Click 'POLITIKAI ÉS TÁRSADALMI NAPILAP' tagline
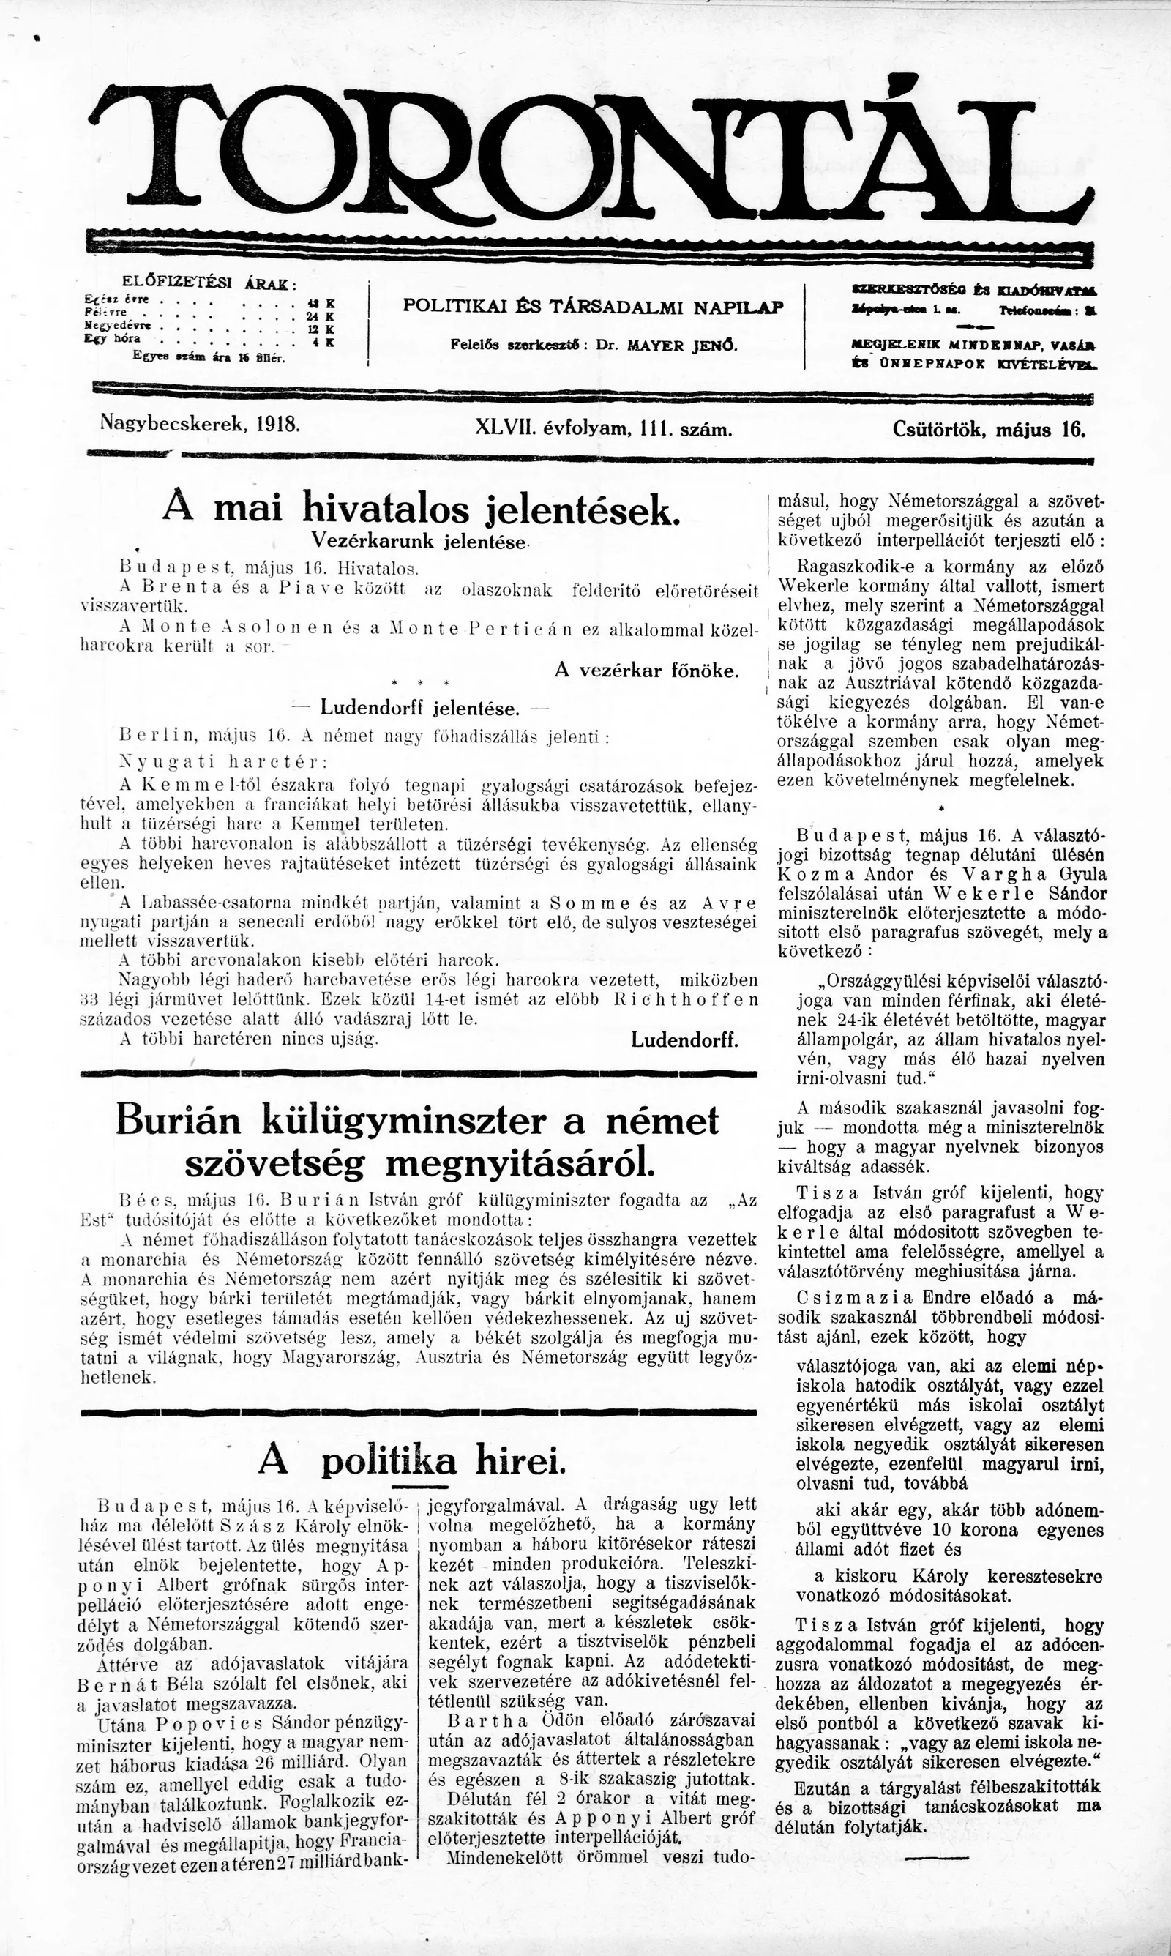point(593,307)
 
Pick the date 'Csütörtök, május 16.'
point(989,430)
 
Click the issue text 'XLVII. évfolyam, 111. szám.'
point(605,429)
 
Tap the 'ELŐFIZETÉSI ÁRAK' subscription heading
point(209,283)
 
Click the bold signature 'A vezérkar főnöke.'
point(647,671)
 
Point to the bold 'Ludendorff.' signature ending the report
point(685,1040)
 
